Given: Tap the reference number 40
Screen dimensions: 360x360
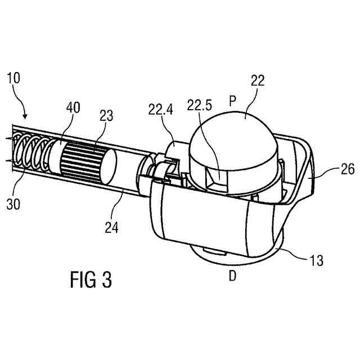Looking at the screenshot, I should tap(73, 107).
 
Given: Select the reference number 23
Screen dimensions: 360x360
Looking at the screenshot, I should tap(106, 116).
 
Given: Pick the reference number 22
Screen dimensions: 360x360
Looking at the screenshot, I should tap(258, 82).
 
